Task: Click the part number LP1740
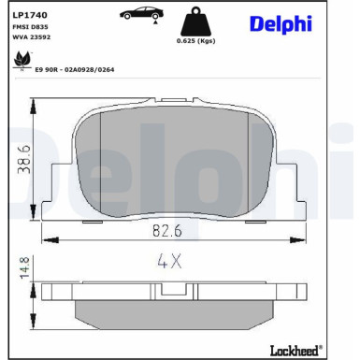click(30, 15)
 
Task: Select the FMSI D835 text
click(30, 27)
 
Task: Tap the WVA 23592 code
click(31, 37)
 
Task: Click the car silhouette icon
click(142, 13)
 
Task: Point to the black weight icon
click(195, 22)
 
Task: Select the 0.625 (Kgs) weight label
click(195, 41)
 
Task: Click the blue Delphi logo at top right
click(281, 23)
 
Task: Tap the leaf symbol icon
click(22, 60)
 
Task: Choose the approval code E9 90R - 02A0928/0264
click(75, 70)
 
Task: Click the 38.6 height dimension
click(24, 159)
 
